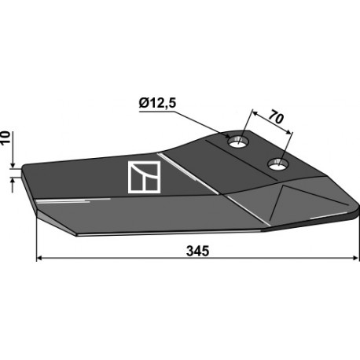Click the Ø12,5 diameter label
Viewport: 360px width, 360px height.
click(157, 104)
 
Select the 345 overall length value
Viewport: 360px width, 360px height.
click(197, 251)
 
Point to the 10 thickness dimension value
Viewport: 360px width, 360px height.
click(6, 138)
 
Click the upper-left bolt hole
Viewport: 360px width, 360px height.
click(238, 141)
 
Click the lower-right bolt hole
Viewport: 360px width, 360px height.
click(278, 164)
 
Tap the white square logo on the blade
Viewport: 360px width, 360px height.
click(144, 177)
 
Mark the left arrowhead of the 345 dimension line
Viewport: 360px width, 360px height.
click(39, 259)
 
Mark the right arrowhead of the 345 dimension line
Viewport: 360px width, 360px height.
click(356, 258)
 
